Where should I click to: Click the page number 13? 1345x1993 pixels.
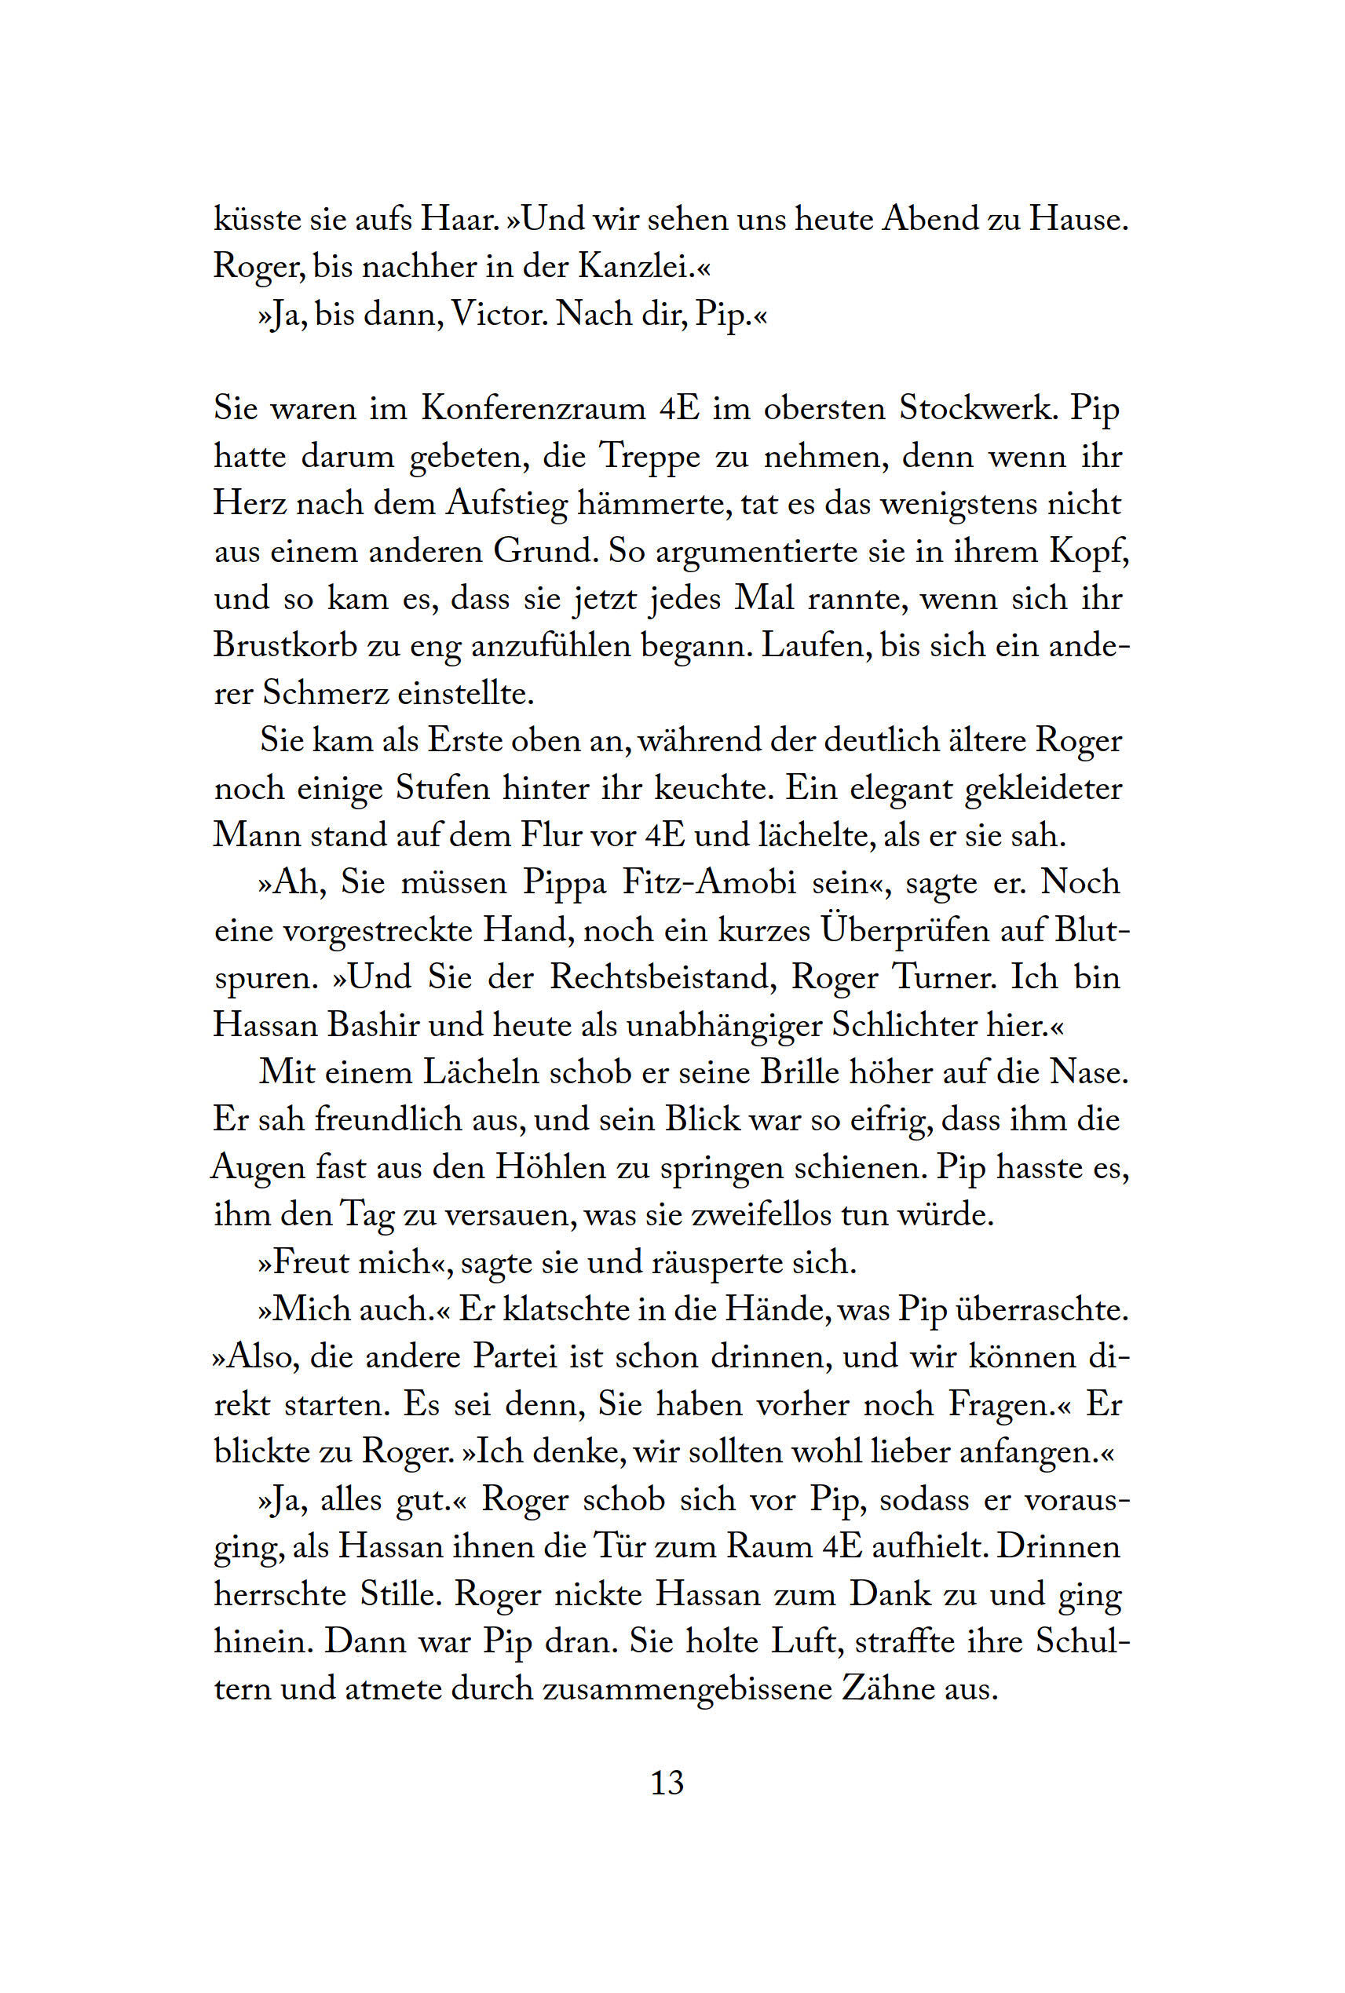[667, 1783]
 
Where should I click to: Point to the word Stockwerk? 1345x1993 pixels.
[976, 409]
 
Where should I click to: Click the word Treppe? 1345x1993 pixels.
[650, 457]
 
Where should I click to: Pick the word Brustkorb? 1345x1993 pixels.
[286, 645]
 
